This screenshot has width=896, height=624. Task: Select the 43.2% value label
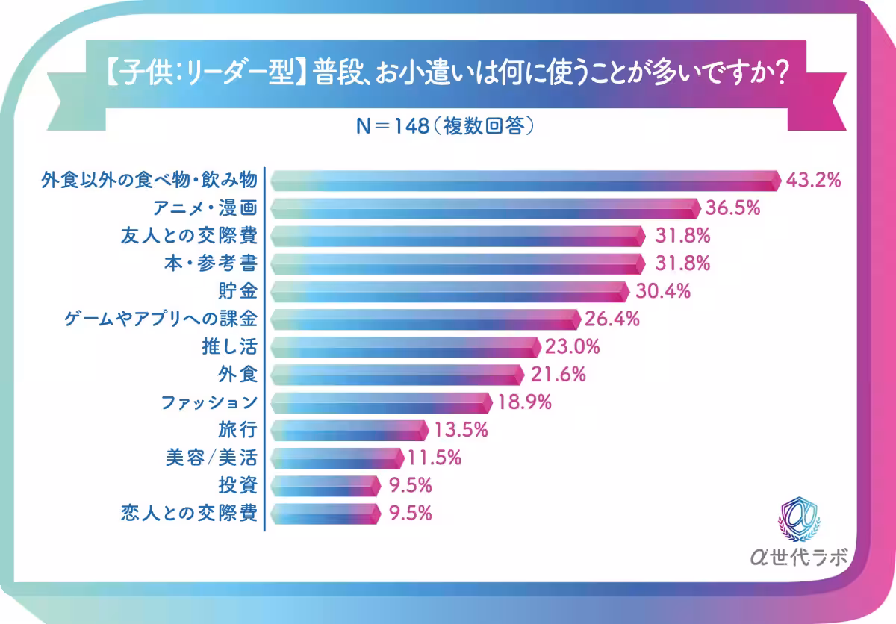pos(815,180)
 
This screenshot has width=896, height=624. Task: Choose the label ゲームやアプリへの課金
pos(161,319)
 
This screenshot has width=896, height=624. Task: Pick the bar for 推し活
pos(405,347)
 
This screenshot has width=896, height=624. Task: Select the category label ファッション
pos(210,402)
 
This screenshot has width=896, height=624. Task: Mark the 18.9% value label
pos(524,402)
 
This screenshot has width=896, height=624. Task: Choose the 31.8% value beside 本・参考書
pos(682,263)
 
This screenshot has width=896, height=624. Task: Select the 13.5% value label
pos(461,430)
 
